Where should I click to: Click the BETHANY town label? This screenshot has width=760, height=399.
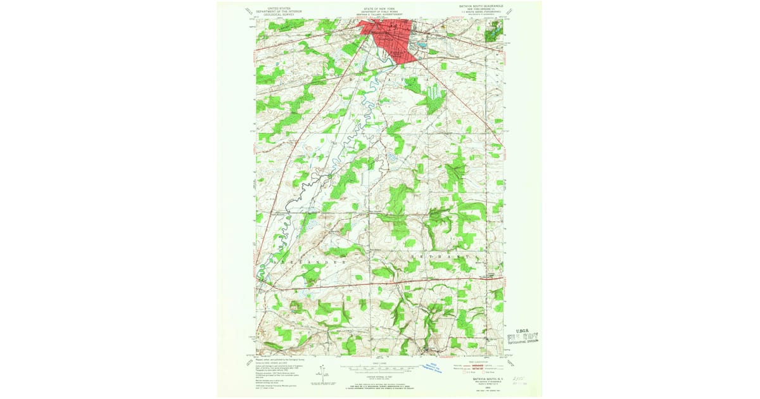(440, 258)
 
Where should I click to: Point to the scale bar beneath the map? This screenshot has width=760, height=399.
(381, 367)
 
